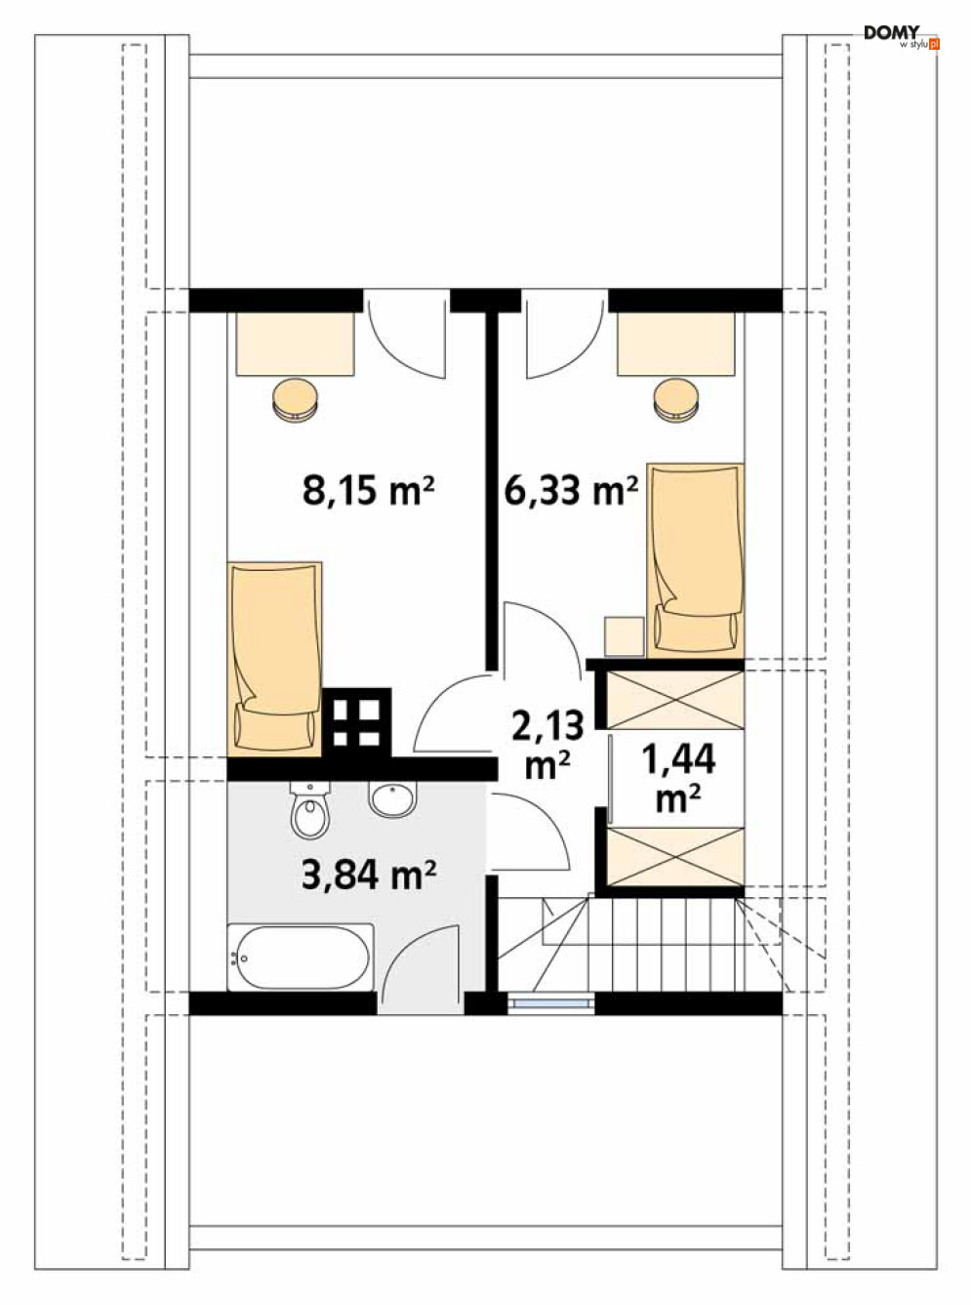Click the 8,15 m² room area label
[368, 490]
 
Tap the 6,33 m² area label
[572, 490]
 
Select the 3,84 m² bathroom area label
[369, 875]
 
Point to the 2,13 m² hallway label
[547, 744]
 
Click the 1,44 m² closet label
[678, 777]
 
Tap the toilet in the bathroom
[310, 809]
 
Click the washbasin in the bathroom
[392, 799]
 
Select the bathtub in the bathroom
[301, 958]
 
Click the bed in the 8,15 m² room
[275, 659]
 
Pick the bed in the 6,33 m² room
[696, 560]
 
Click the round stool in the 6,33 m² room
[677, 399]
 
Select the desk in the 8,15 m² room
[296, 344]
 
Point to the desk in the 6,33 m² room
[676, 344]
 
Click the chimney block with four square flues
[356, 723]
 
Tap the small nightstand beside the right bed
[625, 636]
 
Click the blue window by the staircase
[550, 1002]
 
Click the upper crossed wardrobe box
[675, 700]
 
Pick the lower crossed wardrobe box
[675, 856]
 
